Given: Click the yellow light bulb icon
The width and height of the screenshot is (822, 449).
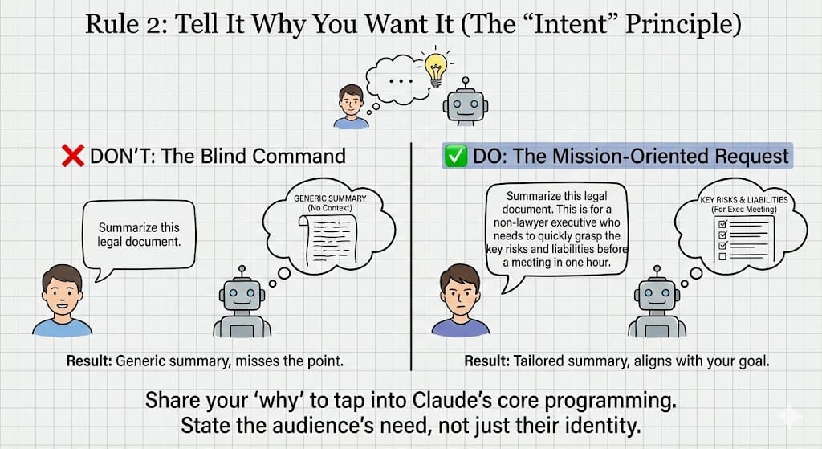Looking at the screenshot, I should point(435,71).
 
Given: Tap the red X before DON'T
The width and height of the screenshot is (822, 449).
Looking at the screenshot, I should point(73,156).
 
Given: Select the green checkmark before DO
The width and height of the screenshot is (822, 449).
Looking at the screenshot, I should point(456,156).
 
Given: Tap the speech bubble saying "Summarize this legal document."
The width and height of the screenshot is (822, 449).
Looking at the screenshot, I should point(139,237).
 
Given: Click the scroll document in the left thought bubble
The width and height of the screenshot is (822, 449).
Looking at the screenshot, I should point(324,236).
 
